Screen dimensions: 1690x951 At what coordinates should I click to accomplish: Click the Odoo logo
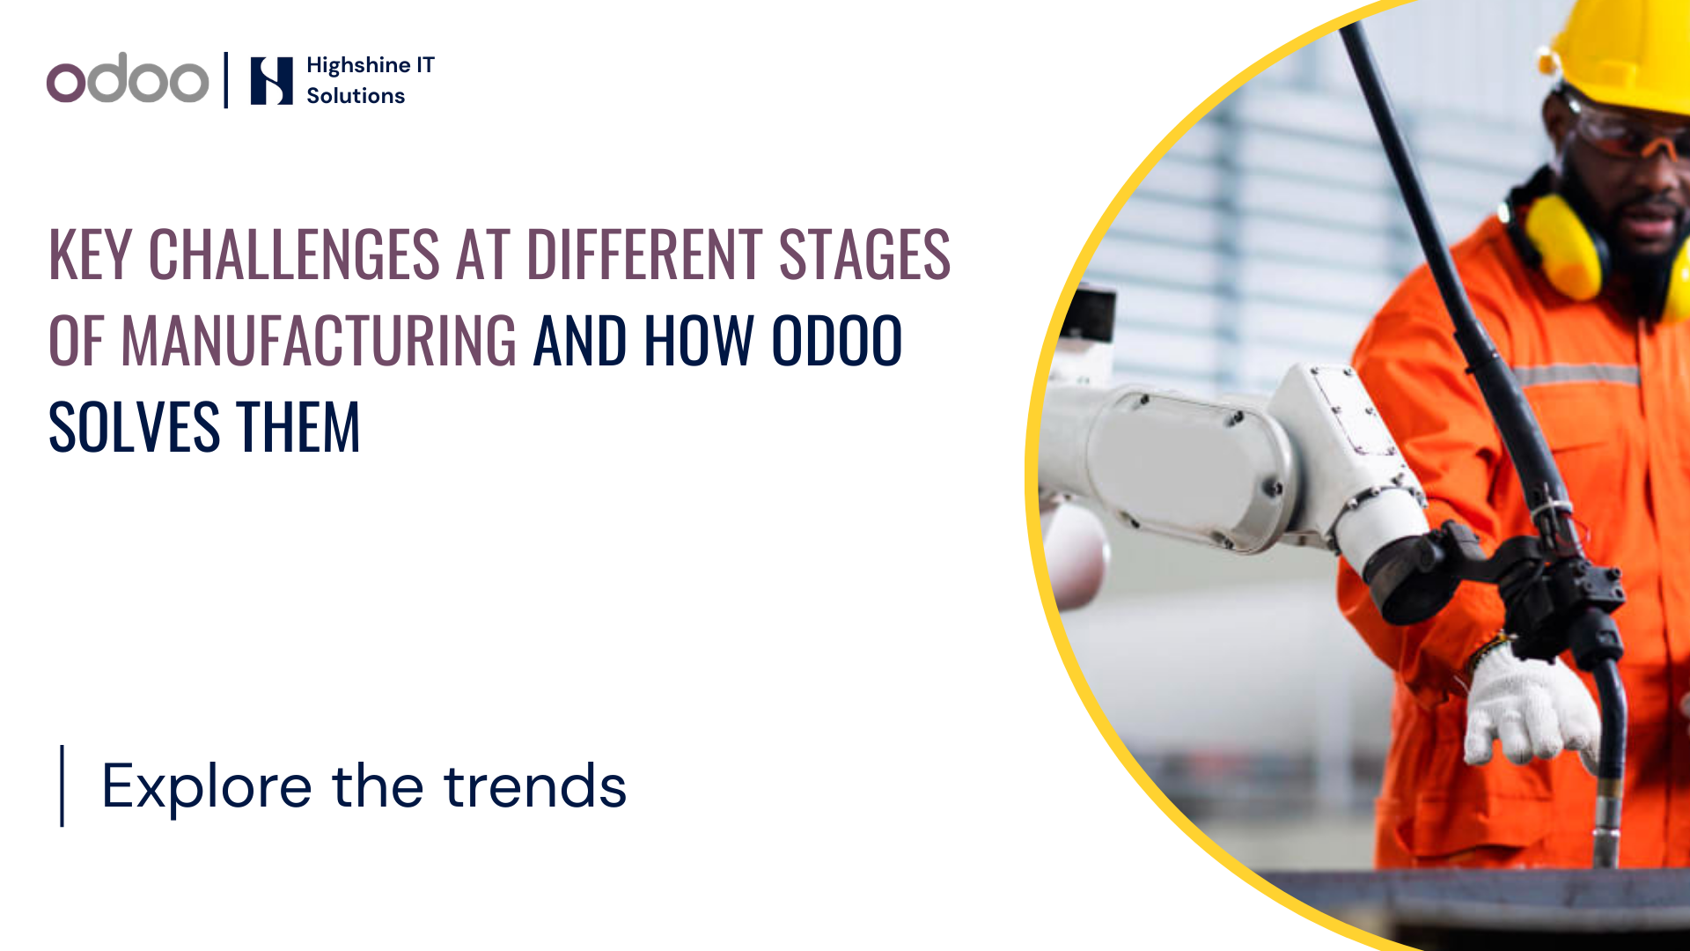pos(128,78)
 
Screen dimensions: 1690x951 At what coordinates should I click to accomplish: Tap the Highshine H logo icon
pos(271,81)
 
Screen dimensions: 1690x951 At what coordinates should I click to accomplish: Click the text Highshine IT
pos(370,66)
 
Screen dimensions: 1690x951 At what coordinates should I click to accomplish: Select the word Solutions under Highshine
pos(356,96)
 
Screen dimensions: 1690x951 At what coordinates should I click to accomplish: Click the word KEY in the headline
pos(90,254)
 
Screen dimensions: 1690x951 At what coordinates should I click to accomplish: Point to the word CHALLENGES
pos(294,254)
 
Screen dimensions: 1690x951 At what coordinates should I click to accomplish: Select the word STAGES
pos(864,254)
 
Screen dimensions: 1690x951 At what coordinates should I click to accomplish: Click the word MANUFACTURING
pos(319,340)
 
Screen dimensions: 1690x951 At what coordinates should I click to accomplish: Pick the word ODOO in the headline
pos(836,340)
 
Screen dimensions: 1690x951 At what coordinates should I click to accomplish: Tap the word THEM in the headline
pos(298,426)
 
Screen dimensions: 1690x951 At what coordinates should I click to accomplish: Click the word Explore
pos(207,786)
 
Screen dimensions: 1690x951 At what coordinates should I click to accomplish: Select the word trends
pos(535,785)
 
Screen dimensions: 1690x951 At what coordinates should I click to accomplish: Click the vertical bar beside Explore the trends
pos(62,785)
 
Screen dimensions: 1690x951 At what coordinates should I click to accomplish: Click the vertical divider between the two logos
pos(226,79)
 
